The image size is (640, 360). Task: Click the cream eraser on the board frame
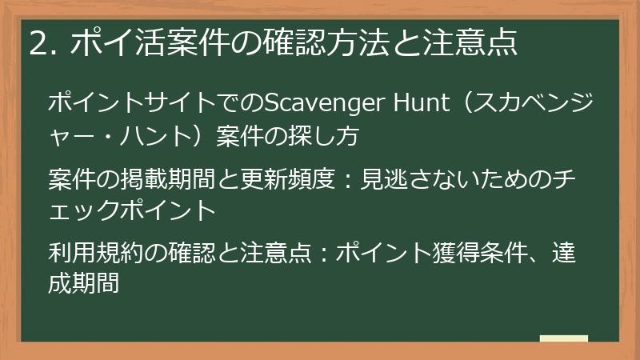(x=564, y=338)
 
